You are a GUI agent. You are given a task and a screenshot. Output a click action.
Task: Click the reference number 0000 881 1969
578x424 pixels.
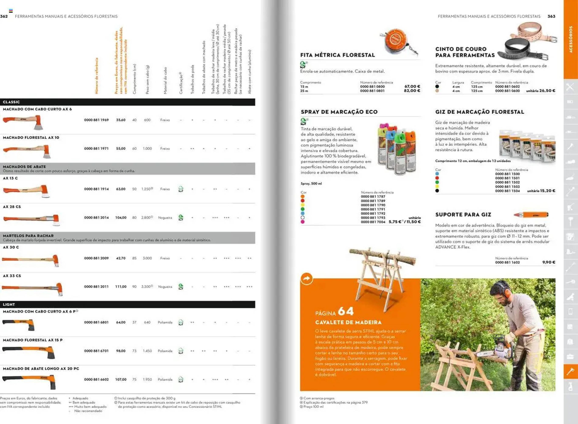[96, 120]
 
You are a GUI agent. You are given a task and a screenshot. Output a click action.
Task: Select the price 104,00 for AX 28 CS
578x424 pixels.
[121, 218]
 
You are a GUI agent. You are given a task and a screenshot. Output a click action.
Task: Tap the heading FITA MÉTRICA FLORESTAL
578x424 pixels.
[338, 55]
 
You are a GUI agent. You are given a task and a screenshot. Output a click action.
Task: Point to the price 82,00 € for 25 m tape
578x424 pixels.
[412, 91]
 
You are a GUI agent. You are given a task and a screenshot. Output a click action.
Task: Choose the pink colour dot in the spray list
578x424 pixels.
[303, 222]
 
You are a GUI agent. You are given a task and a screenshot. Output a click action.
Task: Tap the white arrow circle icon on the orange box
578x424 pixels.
[306, 279]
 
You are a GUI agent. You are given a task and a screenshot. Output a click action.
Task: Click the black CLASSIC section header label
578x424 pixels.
[11, 102]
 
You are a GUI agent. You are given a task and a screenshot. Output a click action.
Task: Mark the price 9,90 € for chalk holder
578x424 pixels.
[549, 262]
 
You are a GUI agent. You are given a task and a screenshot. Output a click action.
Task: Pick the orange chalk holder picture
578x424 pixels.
[531, 215]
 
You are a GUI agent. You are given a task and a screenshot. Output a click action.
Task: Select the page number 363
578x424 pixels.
[551, 16]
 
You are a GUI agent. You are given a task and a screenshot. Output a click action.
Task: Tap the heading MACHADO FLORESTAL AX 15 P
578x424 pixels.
[33, 340]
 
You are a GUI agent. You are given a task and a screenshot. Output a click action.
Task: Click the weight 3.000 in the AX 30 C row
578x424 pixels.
[147, 258]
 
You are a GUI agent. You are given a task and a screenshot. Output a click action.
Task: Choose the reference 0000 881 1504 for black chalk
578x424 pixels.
[507, 191]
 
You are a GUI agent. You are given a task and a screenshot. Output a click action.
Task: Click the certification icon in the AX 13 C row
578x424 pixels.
[181, 189]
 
